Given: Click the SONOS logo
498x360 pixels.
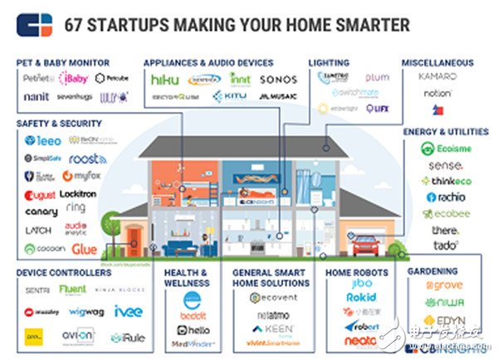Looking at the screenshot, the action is [278, 80].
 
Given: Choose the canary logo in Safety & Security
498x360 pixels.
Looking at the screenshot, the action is [41, 212].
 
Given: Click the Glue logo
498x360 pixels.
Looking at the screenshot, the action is [84, 248].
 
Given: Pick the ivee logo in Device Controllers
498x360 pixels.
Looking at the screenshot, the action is [129, 311].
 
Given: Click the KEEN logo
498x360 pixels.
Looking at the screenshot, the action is [262, 328].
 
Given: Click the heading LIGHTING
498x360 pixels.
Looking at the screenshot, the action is [329, 62].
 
